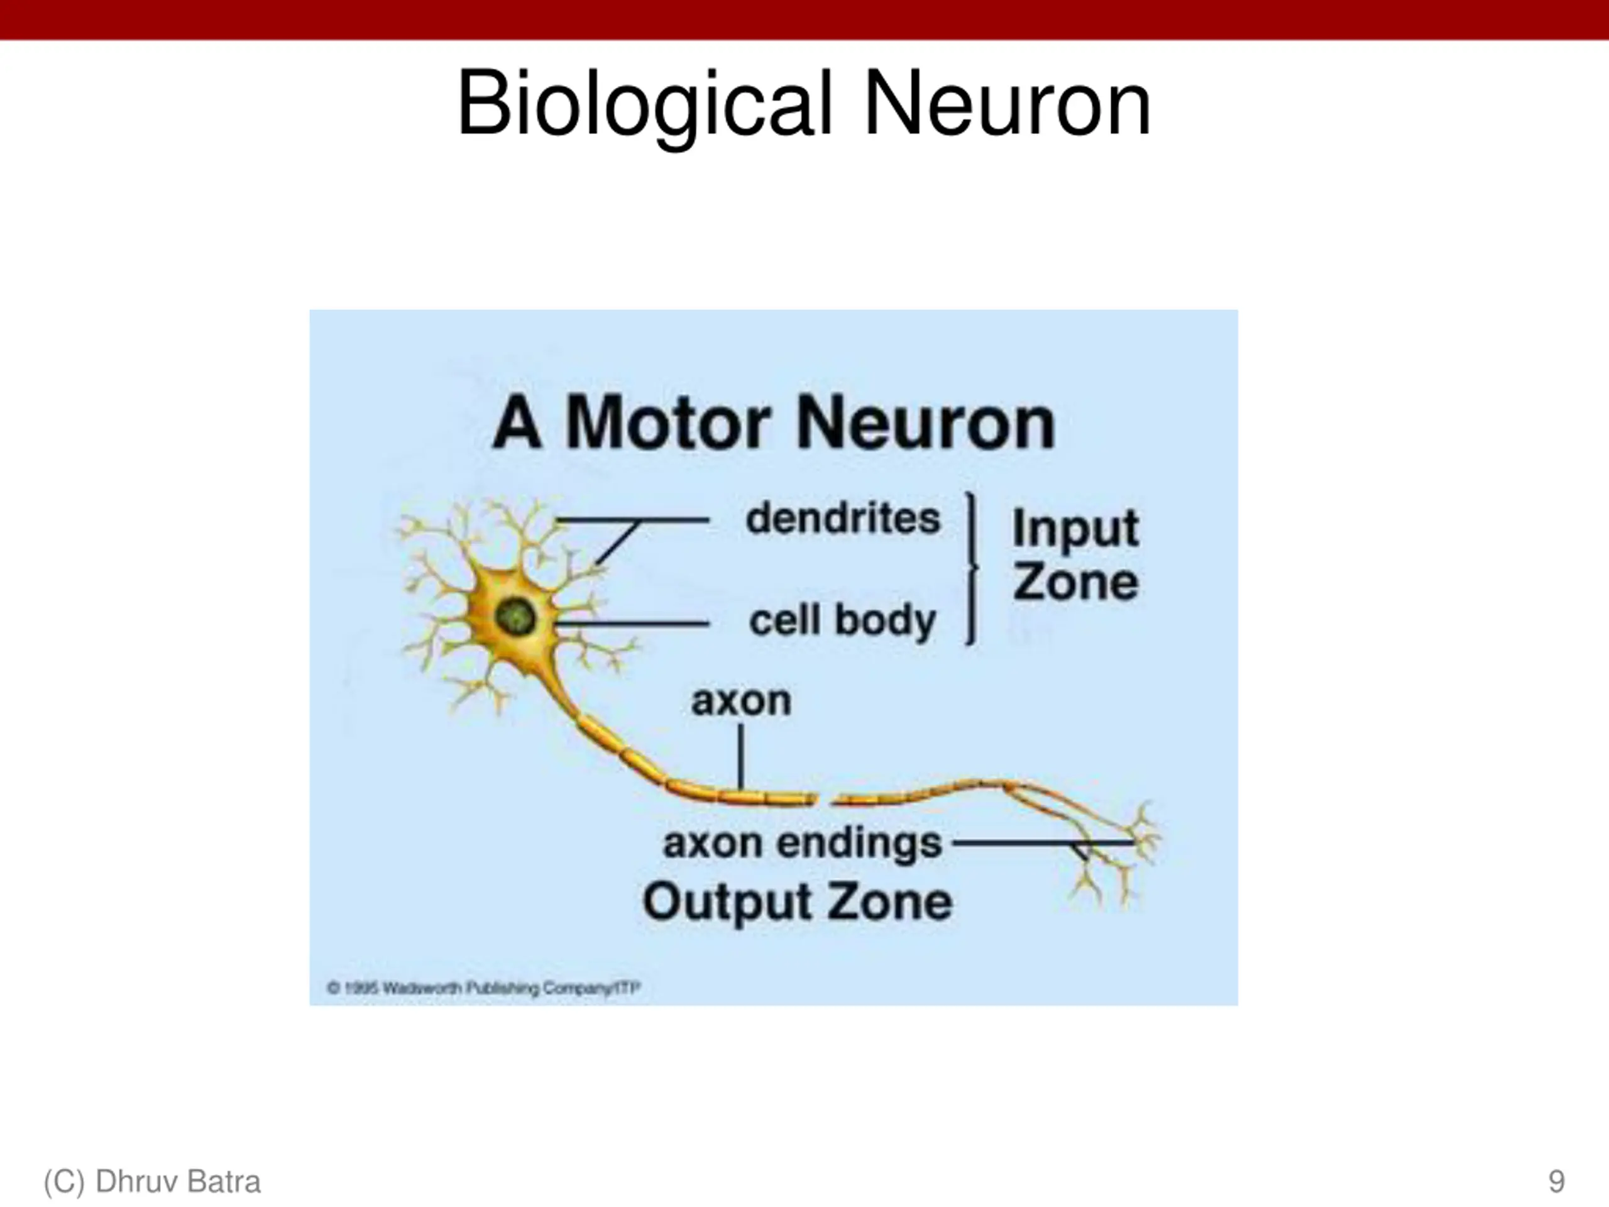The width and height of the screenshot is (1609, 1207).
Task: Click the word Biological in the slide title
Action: [644, 103]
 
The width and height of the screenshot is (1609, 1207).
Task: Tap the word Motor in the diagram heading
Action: [667, 424]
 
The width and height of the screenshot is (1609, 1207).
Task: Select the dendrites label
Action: [842, 519]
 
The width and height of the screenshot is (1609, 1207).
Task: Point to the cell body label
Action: [842, 620]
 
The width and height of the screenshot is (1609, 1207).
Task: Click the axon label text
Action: [740, 701]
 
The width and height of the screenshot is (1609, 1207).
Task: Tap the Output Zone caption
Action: [797, 902]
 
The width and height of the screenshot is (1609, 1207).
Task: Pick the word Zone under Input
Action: [1075, 582]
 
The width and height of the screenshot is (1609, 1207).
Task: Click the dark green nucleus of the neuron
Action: [515, 617]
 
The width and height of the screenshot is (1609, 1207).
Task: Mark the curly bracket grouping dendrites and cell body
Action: [971, 568]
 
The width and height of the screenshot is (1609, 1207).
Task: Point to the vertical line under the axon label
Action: [740, 757]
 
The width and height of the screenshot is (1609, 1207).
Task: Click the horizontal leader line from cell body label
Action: [633, 624]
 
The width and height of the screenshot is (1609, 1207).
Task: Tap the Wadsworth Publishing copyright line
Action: [484, 988]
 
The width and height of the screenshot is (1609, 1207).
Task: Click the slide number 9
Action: [1556, 1181]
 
